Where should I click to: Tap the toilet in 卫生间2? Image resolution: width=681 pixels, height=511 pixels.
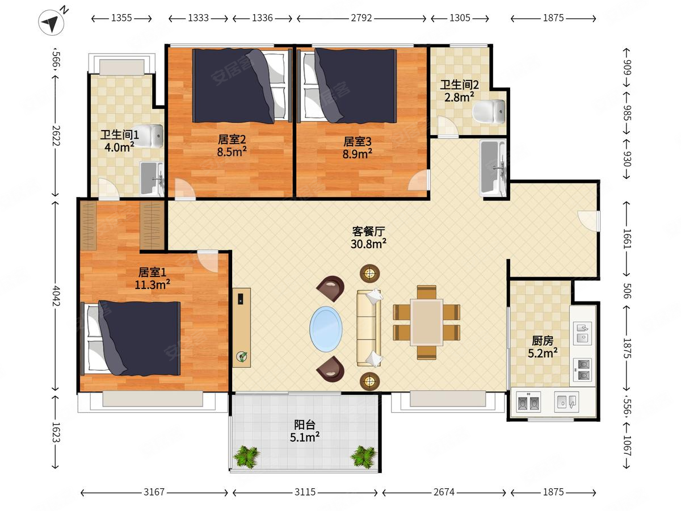pos(489,111)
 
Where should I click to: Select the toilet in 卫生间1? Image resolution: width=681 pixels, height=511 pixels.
pos(148,136)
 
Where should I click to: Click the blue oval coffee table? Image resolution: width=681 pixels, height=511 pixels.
pos(326,329)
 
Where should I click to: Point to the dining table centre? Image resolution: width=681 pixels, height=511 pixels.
pos(427,322)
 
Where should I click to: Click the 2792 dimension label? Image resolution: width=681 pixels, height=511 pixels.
pos(361,18)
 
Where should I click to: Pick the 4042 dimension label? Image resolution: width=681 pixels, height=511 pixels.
pos(56,295)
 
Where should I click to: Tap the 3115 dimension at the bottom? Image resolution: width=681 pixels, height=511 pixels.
pos(305,492)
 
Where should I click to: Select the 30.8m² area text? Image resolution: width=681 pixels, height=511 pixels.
pos(368,244)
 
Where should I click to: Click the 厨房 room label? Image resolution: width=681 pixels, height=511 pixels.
pos(543,341)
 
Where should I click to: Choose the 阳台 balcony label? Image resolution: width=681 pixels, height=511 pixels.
pos(305,425)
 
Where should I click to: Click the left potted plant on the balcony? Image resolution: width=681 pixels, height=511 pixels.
pos(247,456)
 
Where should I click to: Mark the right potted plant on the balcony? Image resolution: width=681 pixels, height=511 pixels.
pos(363,456)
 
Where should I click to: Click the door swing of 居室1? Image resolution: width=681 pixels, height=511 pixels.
pos(208,261)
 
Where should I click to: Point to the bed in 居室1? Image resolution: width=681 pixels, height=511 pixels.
pos(131,338)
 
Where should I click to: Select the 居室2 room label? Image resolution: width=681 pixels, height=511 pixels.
pos(232,139)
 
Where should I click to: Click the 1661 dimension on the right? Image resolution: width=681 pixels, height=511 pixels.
pos(627,238)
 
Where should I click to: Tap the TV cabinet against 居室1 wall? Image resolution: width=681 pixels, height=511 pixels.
pos(241,328)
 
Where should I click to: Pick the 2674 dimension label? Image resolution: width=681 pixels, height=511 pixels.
pos(444,492)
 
